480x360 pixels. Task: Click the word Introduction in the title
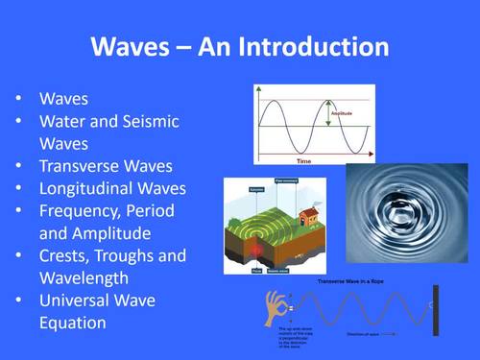click(309, 48)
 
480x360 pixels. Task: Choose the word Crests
click(66, 255)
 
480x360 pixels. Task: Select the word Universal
click(78, 300)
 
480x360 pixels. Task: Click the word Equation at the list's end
click(73, 324)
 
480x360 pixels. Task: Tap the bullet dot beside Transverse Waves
click(20, 166)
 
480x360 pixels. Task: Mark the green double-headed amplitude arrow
click(327, 114)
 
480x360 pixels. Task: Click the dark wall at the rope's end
click(438, 309)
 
